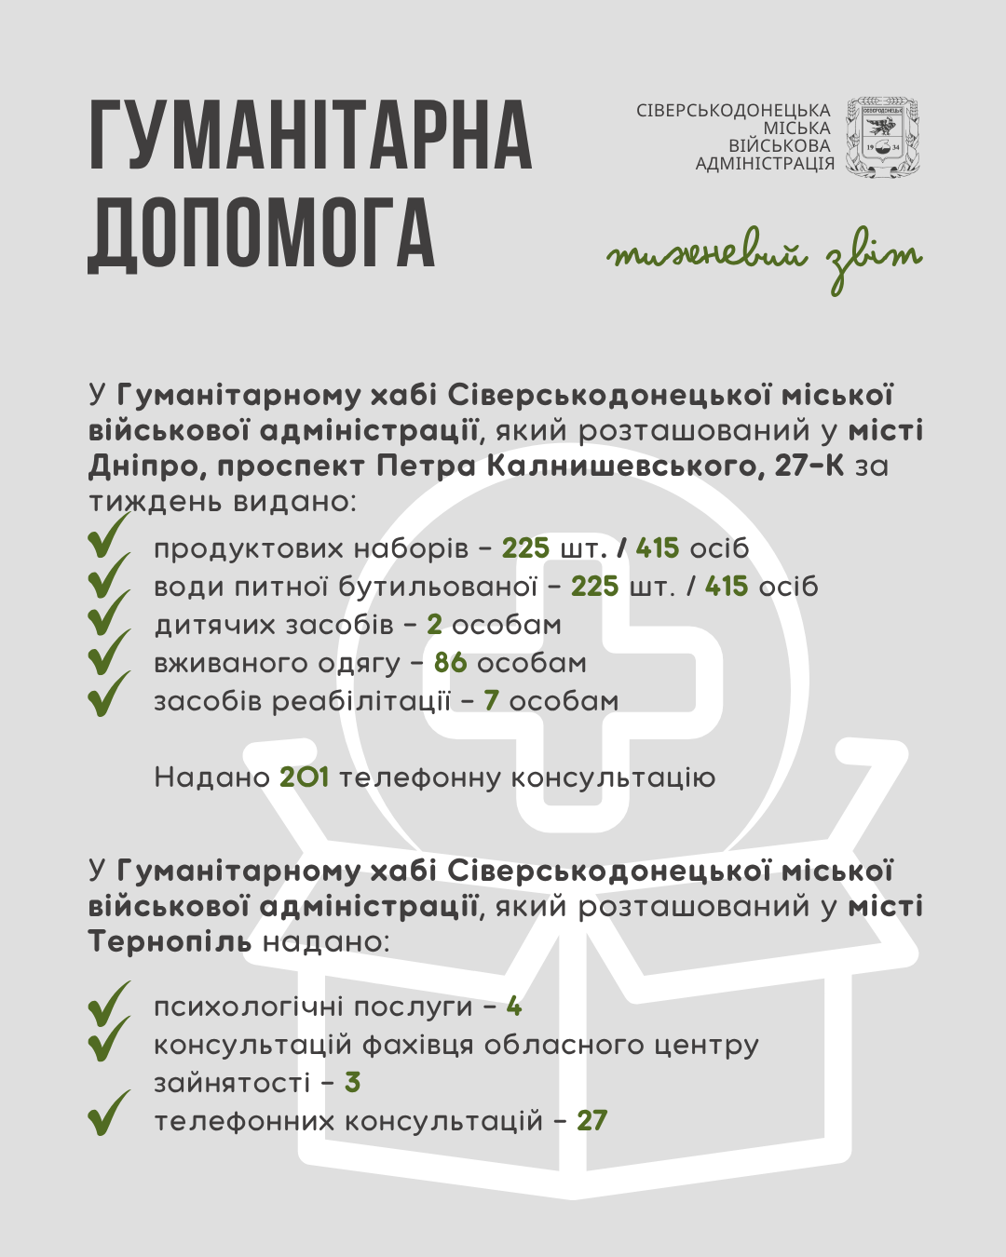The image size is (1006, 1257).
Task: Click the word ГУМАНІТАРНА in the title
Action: point(311,136)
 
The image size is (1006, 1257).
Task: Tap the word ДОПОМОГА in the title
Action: point(262,235)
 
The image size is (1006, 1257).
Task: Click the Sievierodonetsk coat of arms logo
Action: point(881,138)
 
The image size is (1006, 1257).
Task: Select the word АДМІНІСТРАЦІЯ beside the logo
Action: point(765,164)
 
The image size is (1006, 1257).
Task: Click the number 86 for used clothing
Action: point(451,663)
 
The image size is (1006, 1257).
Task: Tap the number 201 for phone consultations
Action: point(305,777)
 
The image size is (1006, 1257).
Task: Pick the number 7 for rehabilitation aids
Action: point(492,701)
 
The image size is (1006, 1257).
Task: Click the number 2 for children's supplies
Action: point(434,625)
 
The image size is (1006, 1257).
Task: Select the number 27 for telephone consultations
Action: point(591,1120)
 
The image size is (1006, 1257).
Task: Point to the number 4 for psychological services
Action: point(514,1007)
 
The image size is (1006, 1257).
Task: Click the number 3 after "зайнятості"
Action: point(352,1082)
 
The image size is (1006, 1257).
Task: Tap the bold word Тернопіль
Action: point(170,941)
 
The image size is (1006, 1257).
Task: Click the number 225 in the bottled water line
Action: point(595,587)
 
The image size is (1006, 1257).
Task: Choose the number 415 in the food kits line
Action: point(658,548)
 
